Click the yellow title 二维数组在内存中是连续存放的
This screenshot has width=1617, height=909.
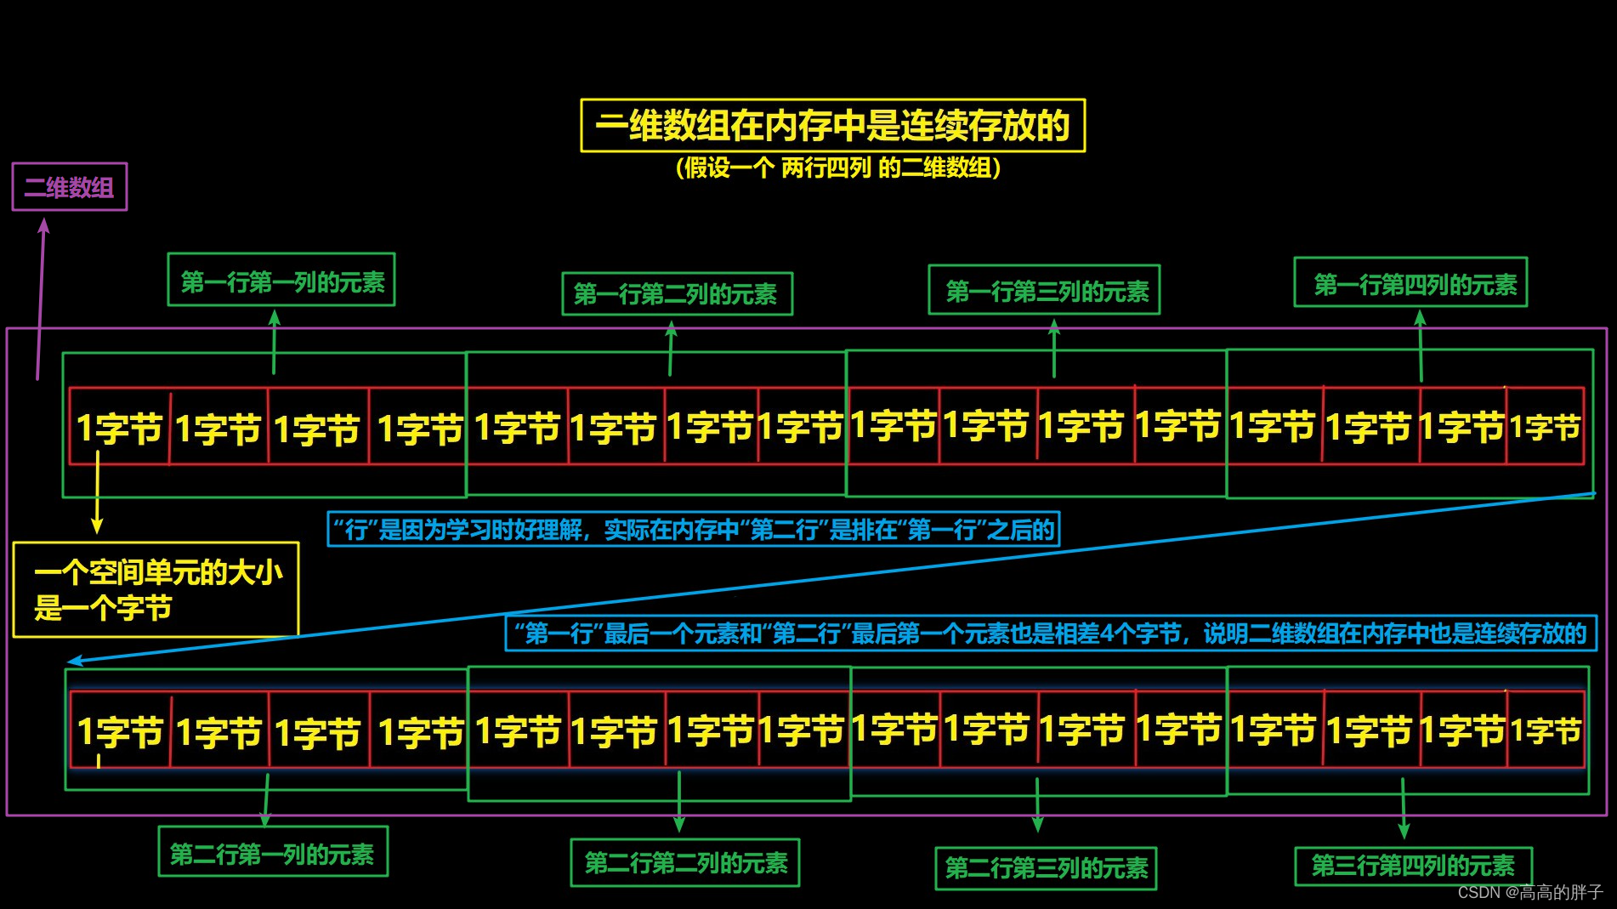point(832,126)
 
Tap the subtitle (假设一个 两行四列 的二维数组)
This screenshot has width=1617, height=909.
point(837,168)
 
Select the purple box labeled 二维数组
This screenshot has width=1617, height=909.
point(69,187)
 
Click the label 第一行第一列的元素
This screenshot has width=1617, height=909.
point(281,281)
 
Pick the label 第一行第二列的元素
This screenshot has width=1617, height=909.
point(677,294)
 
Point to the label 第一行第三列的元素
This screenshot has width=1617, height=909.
point(1044,291)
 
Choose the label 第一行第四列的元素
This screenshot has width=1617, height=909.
point(1410,283)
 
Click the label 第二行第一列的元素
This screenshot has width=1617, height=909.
point(273,853)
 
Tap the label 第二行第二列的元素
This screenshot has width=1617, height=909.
point(685,863)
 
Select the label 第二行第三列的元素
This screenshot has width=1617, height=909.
point(1046,868)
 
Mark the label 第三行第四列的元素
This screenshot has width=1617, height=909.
point(1413,866)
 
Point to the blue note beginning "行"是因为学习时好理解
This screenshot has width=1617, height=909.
point(693,530)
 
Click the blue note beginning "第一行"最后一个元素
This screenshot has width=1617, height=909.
point(1051,633)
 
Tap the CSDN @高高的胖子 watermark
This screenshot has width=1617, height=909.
point(1529,892)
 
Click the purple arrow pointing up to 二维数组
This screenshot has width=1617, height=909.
point(41,298)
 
